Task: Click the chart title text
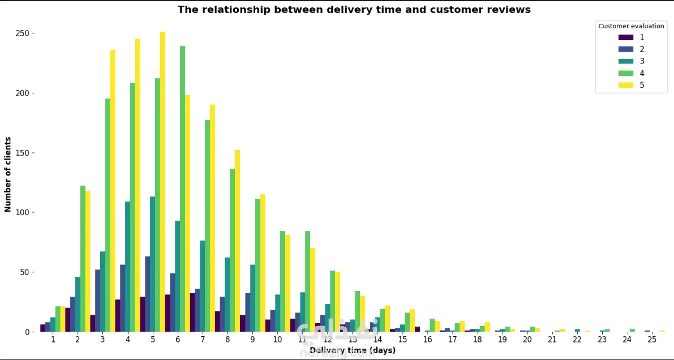354,10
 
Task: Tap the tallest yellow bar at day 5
162,181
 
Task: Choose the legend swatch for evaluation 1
626,37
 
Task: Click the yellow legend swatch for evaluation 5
626,85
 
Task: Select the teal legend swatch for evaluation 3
626,61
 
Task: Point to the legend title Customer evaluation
631,26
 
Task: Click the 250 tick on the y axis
23,33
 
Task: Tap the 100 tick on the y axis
23,212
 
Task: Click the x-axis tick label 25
652,339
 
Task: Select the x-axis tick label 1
53,339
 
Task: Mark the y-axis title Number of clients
8,174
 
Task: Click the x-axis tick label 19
502,339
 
